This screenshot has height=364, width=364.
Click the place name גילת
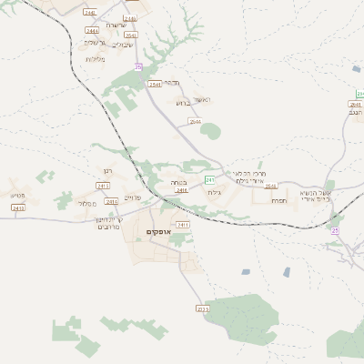click(x=215, y=192)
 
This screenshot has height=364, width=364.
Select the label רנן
click(x=107, y=169)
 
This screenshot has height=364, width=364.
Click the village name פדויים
click(x=132, y=197)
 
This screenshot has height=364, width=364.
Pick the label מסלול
click(x=87, y=204)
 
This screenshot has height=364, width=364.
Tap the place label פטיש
click(x=18, y=195)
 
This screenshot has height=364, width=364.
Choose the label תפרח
click(x=279, y=200)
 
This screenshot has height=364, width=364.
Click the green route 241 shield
click(x=209, y=178)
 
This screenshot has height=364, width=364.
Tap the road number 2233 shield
click(x=202, y=309)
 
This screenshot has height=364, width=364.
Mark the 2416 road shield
click(x=181, y=190)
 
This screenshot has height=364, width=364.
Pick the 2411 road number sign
click(x=182, y=224)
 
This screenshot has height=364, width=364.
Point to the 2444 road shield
click(x=92, y=30)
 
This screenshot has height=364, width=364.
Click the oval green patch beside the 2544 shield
click(x=210, y=131)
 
